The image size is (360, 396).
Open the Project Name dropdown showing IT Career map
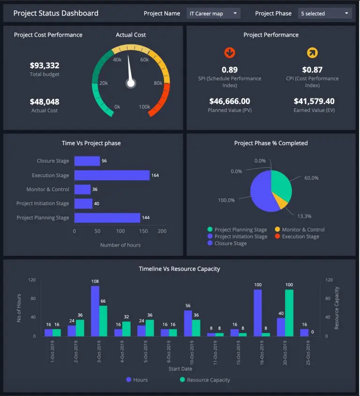pyautogui.click(x=213, y=14)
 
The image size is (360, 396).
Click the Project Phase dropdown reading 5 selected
pyautogui.click(x=325, y=14)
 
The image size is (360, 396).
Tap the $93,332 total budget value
pyautogui.click(x=45, y=66)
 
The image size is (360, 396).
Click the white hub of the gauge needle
pyautogui.click(x=131, y=83)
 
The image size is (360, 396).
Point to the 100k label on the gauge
pyautogui.click(x=144, y=107)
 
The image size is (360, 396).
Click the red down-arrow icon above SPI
pyautogui.click(x=230, y=52)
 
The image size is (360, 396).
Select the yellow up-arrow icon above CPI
pyautogui.click(x=312, y=52)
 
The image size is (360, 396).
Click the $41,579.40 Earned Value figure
pyautogui.click(x=314, y=101)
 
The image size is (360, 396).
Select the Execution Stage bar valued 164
pyautogui.click(x=112, y=175)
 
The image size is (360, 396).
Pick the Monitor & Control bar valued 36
pyautogui.click(x=82, y=189)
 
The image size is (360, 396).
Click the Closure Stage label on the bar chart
pyautogui.click(x=53, y=161)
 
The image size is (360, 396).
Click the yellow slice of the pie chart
pyautogui.click(x=281, y=201)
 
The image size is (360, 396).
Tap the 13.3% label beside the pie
pyautogui.click(x=304, y=216)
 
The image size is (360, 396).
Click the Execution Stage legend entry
pyautogui.click(x=300, y=237)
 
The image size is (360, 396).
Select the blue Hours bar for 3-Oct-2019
pyautogui.click(x=95, y=311)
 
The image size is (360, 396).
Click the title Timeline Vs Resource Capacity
pyautogui.click(x=180, y=269)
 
